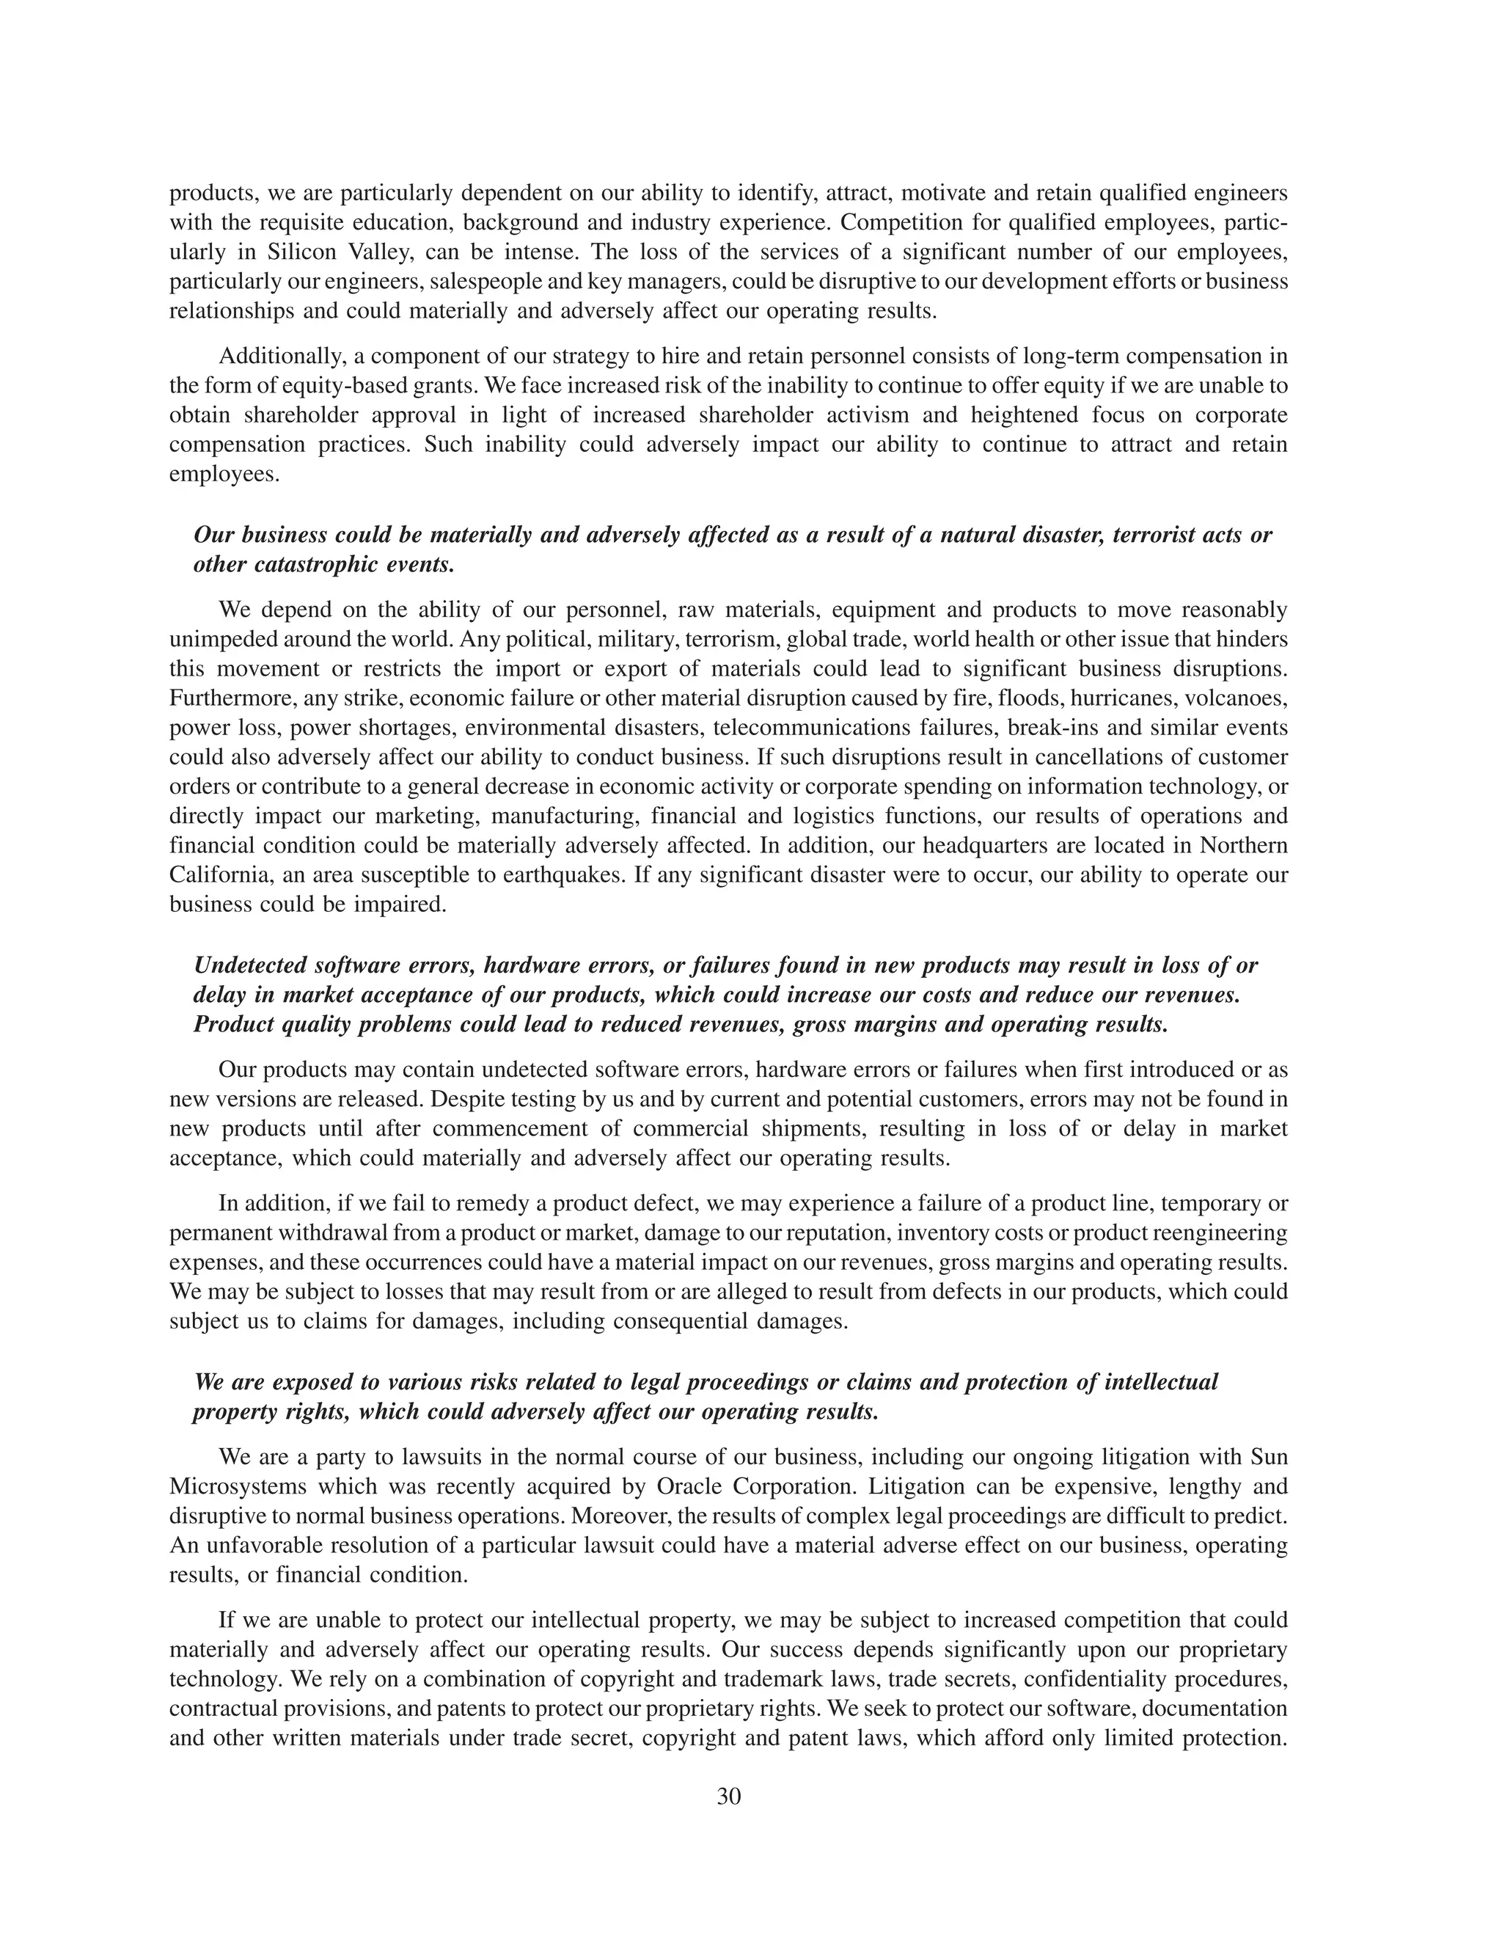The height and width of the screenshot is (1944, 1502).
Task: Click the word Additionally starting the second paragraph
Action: tap(282, 356)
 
